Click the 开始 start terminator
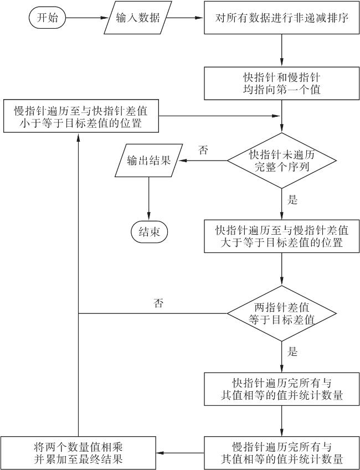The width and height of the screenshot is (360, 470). pos(47,18)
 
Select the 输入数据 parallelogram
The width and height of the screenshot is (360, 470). pos(138,18)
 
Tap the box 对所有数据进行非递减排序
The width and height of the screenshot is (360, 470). pos(282,18)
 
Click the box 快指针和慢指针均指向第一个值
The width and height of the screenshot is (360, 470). pos(282,84)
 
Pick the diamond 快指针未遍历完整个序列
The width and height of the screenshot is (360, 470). pos(282,161)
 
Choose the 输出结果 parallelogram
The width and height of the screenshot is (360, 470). pos(149,161)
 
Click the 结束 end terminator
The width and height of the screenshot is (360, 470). pos(149,232)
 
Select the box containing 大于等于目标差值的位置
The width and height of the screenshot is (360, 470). pos(282,236)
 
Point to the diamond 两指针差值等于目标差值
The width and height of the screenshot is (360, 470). pos(282,313)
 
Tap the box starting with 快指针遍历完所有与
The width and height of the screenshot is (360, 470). pos(282,389)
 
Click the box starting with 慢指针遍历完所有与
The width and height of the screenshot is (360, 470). pos(282,453)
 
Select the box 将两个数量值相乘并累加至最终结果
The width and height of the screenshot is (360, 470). pos(78,453)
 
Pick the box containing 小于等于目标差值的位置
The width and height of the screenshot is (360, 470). pos(81,116)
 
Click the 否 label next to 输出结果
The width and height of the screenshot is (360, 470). pos(203,150)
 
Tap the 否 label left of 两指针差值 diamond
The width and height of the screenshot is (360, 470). pos(158,303)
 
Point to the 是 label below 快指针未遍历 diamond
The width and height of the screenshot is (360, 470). pos(292,200)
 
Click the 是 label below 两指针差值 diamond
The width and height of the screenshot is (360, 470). pos(292,352)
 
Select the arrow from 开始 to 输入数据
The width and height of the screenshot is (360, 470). pos(86,18)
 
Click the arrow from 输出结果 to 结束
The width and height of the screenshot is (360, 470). pos(149,199)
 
